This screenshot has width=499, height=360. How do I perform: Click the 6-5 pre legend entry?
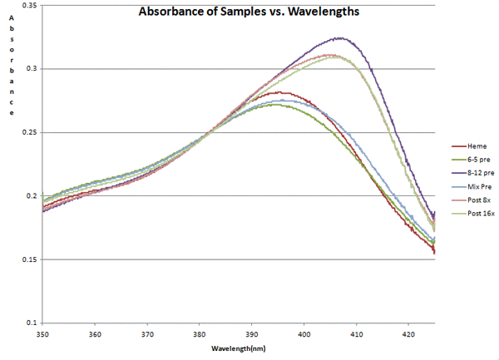(x=472, y=159)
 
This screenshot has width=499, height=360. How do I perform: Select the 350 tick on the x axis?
(x=42, y=334)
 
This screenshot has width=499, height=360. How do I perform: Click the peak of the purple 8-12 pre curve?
(x=338, y=37)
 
